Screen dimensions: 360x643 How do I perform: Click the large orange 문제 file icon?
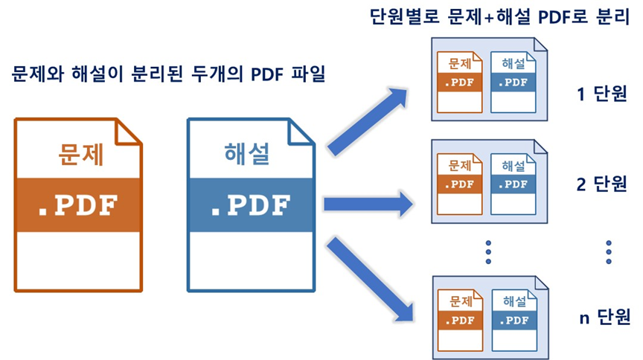pos(79,205)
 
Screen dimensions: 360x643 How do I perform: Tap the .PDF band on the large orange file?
pos(79,205)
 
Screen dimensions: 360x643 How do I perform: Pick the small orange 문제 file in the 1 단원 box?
pos(459,82)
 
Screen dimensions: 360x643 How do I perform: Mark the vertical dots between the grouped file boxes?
pos(488,251)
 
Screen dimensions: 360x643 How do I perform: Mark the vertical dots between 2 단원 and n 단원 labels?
pos(608,251)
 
